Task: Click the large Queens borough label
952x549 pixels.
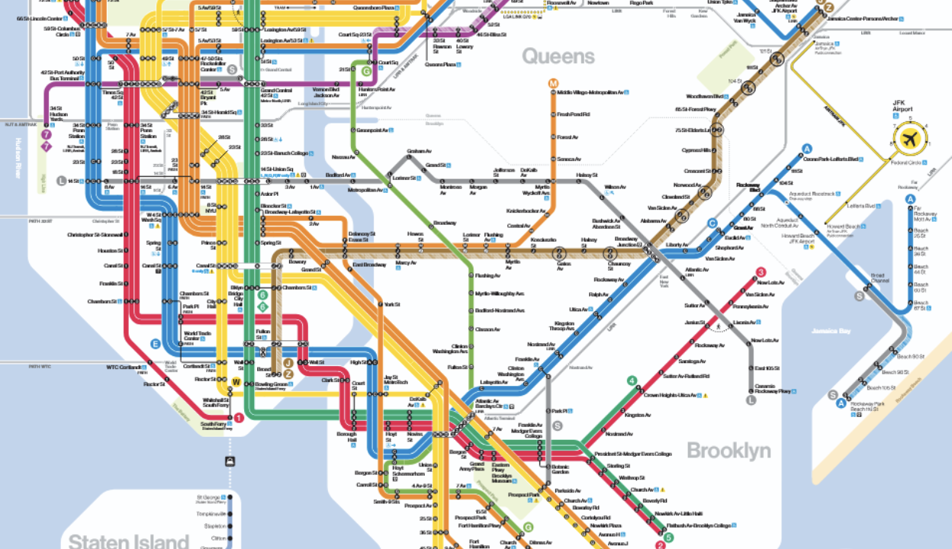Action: pos(558,56)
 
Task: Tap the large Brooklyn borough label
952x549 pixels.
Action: pos(728,450)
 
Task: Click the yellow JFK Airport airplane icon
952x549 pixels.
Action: pos(909,140)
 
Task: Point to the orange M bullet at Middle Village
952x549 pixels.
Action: pos(553,83)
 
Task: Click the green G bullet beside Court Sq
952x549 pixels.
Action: pos(367,71)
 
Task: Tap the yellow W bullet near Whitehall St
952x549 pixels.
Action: pos(236,383)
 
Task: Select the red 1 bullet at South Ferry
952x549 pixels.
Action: pos(239,417)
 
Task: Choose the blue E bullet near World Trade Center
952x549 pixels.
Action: pos(156,344)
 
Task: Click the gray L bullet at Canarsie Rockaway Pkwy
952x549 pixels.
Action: pos(751,399)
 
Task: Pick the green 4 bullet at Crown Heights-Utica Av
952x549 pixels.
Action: pos(632,381)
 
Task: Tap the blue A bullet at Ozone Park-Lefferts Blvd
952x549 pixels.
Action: pos(807,149)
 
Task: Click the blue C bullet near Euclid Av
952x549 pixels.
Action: pos(712,223)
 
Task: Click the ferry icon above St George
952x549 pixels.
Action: pos(230,461)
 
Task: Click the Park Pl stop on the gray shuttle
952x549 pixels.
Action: pos(559,410)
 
